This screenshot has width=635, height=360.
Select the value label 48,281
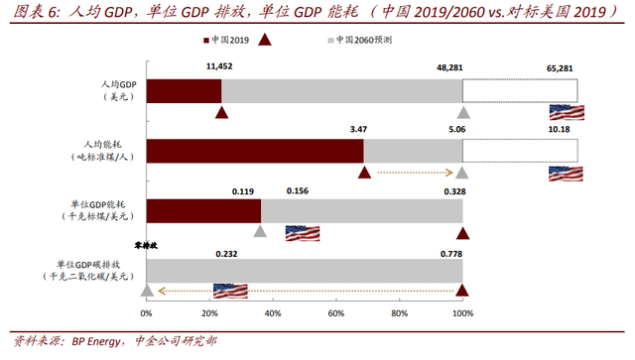tap(451, 66)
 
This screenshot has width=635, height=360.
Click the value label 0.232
tap(228, 253)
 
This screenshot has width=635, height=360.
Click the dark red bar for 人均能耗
tap(255, 151)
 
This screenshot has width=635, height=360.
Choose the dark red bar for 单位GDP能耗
tap(203, 212)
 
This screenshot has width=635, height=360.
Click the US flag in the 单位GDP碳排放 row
tap(230, 291)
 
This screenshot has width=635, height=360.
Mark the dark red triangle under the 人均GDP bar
tap(222, 113)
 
